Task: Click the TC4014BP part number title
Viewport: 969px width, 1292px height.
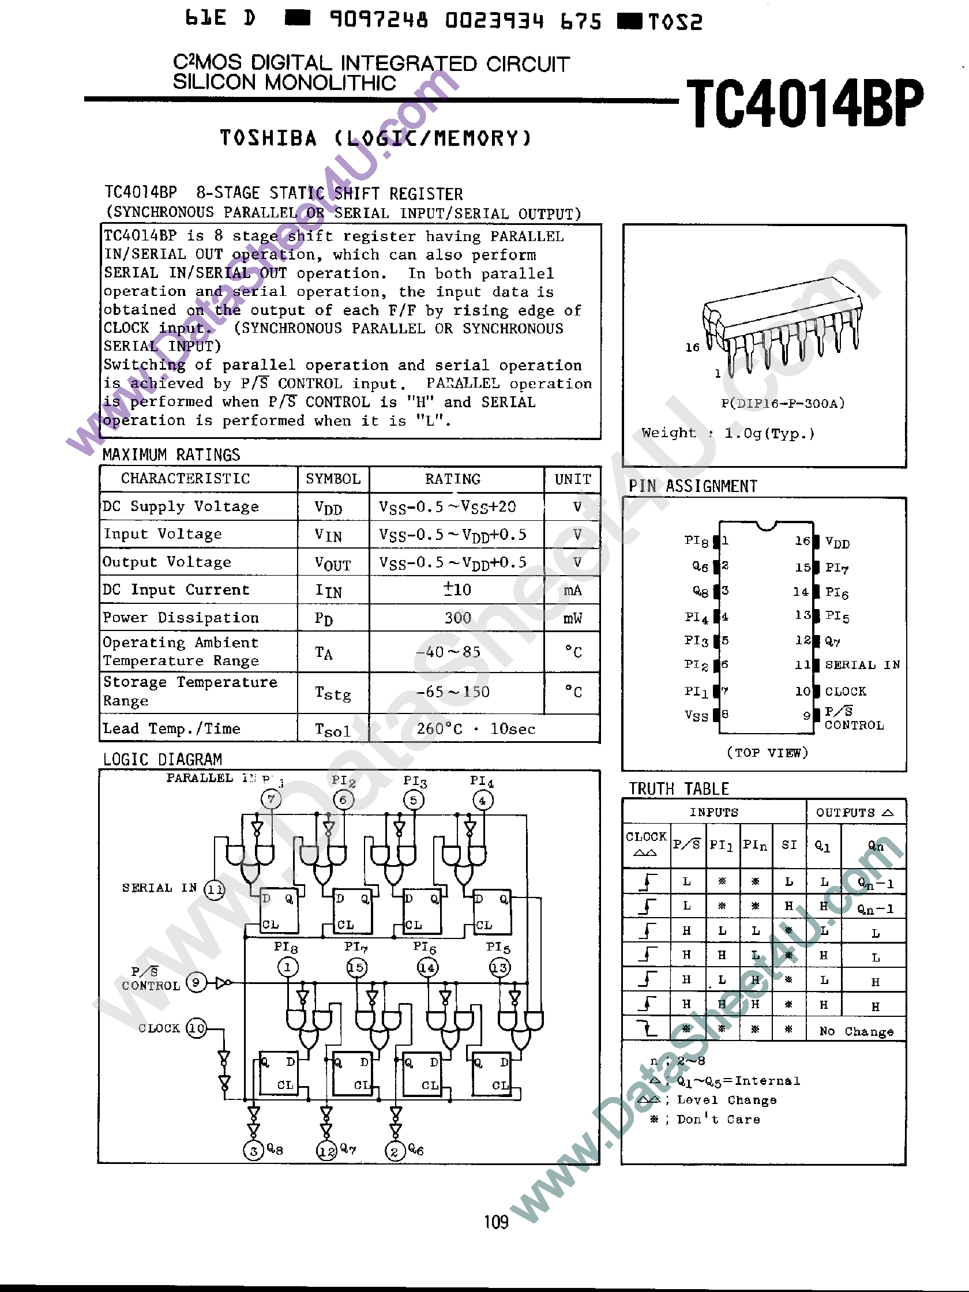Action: (x=805, y=103)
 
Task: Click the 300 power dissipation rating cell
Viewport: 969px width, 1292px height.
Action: (x=457, y=618)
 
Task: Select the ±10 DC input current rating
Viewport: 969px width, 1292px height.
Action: (x=457, y=589)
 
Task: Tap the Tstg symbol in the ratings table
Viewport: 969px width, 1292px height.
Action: (x=332, y=693)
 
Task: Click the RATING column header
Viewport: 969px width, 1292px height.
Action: (x=453, y=479)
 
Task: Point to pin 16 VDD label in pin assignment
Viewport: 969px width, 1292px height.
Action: (x=837, y=542)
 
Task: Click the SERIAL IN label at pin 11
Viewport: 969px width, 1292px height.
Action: (x=862, y=664)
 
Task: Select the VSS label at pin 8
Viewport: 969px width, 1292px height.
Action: (x=696, y=716)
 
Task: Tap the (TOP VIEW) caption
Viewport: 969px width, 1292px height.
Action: (x=767, y=752)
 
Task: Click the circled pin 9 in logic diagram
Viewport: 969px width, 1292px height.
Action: (x=196, y=982)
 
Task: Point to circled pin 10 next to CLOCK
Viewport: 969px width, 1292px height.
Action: (x=196, y=1028)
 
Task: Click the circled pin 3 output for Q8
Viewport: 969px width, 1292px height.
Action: (x=253, y=1151)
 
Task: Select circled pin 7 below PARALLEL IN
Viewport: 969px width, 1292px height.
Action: (x=271, y=798)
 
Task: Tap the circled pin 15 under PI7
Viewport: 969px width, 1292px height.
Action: (x=356, y=967)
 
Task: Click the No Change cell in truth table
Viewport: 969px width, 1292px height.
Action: (x=857, y=1031)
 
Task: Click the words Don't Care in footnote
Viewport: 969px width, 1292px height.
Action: (x=718, y=1119)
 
